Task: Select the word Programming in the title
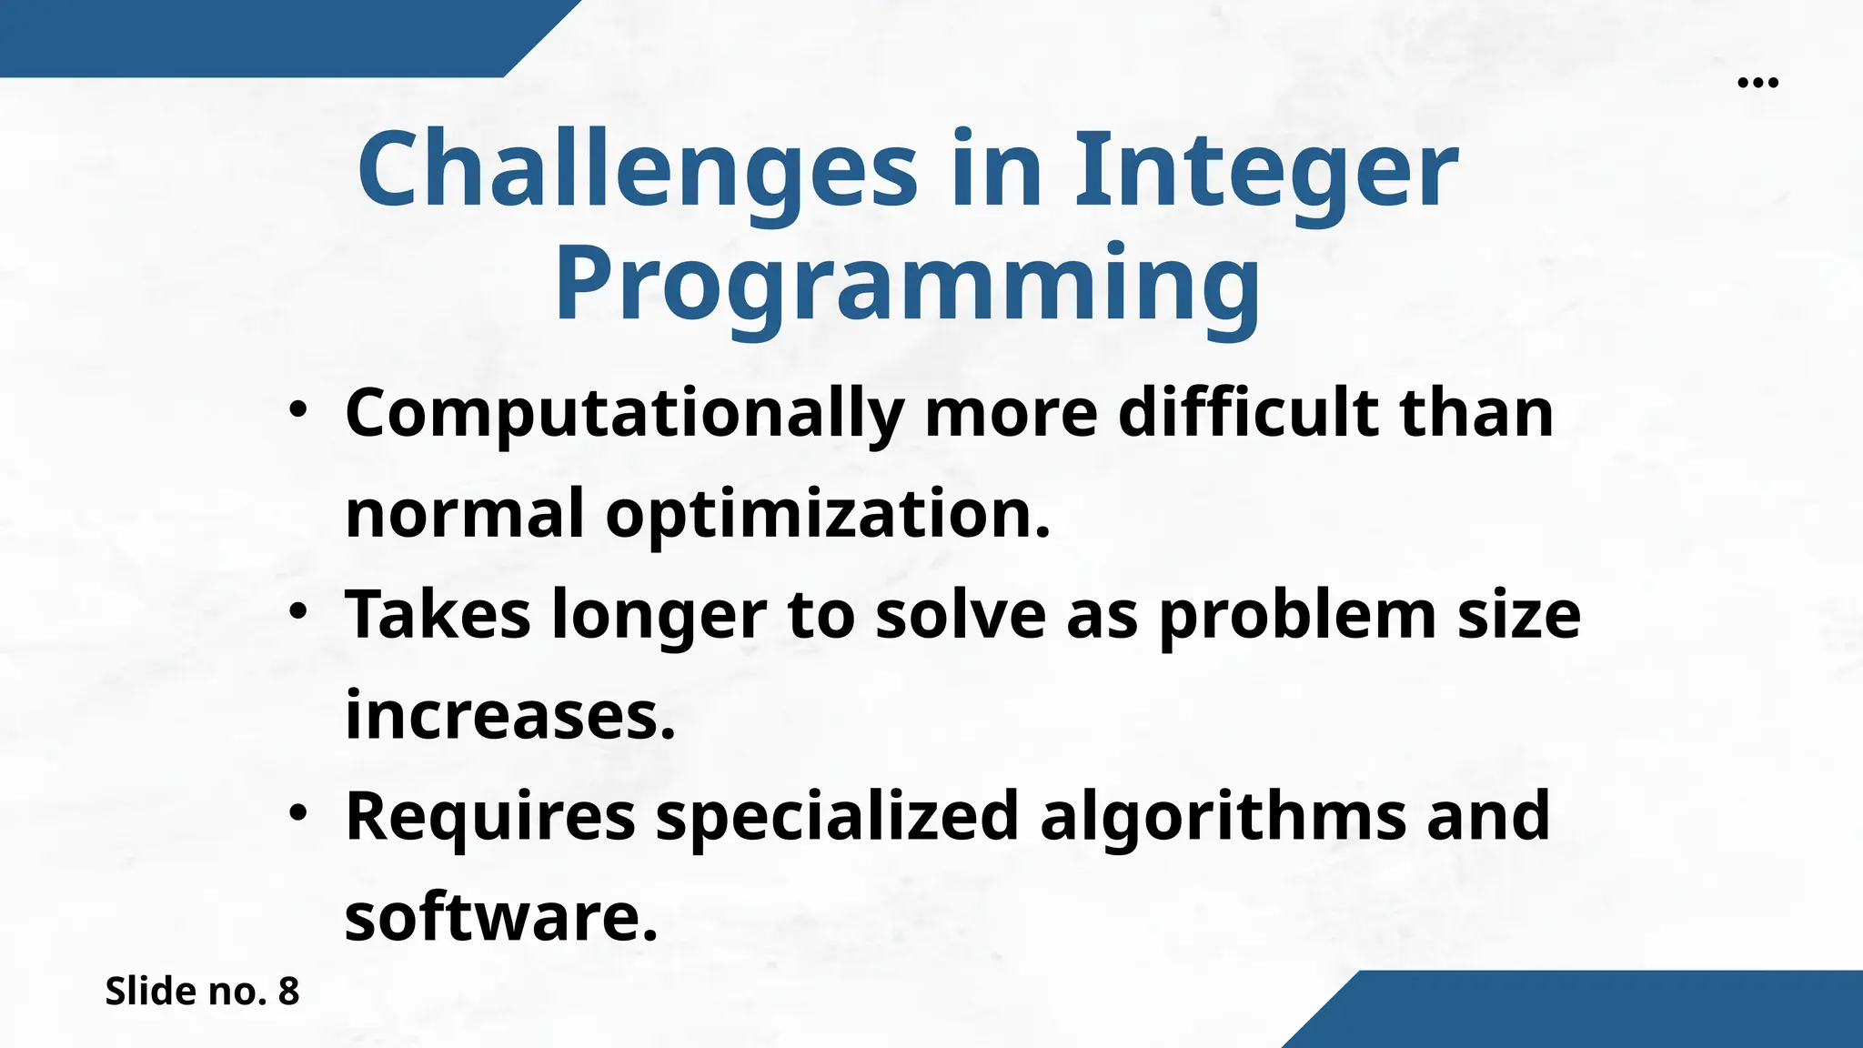click(x=908, y=284)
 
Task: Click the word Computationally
click(x=624, y=415)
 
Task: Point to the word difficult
click(x=1248, y=413)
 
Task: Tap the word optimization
click(x=828, y=515)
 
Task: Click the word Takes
click(x=438, y=615)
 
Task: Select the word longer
click(x=660, y=617)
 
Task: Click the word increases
click(x=509, y=716)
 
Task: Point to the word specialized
click(x=837, y=817)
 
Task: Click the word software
click(x=500, y=917)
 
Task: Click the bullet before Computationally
click(x=297, y=410)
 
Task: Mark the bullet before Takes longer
click(x=297, y=612)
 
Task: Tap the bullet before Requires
click(x=297, y=813)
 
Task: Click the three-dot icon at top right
click(x=1757, y=83)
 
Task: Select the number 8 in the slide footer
click(x=288, y=992)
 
